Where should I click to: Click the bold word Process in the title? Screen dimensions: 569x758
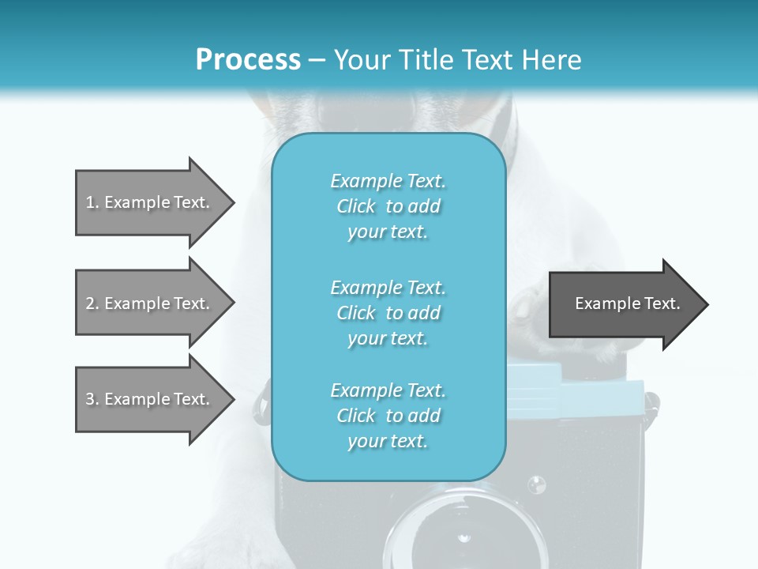point(248,60)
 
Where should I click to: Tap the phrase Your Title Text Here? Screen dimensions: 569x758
point(457,60)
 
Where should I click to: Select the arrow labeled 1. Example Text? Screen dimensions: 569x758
point(150,202)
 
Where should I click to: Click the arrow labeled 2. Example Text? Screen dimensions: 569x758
point(150,303)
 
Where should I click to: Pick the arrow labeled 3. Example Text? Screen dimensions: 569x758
point(150,399)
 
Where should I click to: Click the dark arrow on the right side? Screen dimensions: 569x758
point(624,304)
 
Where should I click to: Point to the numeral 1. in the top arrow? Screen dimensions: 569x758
point(92,202)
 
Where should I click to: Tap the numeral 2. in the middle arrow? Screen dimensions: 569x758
point(92,303)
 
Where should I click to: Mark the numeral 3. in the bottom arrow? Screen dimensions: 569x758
point(92,399)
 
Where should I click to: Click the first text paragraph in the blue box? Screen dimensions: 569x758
point(388,206)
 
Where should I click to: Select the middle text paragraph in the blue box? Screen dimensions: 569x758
point(388,313)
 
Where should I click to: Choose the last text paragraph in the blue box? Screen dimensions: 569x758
point(388,416)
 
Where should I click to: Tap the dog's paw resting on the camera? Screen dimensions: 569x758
point(525,312)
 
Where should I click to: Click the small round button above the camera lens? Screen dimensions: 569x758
point(537,483)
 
